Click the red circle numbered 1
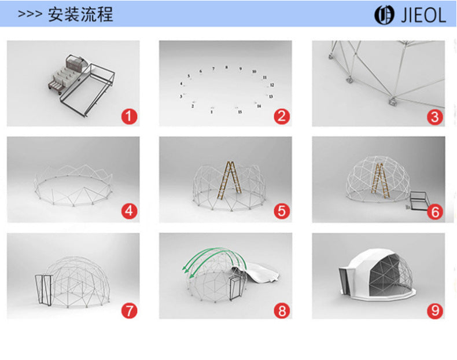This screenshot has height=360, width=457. tap(129, 116)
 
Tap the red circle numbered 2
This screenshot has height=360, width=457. tap(282, 116)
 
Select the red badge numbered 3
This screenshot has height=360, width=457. tap(435, 116)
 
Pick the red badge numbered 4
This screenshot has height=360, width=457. tap(129, 212)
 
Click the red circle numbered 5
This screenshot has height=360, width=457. tap(282, 212)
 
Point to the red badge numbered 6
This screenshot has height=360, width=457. tap(435, 212)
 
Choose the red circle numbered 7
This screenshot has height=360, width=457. tap(129, 310)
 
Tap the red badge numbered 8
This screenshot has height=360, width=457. tap(282, 310)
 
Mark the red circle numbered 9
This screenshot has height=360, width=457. tap(435, 310)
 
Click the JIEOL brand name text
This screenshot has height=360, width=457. tap(423, 15)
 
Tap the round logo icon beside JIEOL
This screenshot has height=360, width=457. tap(383, 15)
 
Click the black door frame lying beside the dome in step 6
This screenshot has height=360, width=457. tap(419, 200)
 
